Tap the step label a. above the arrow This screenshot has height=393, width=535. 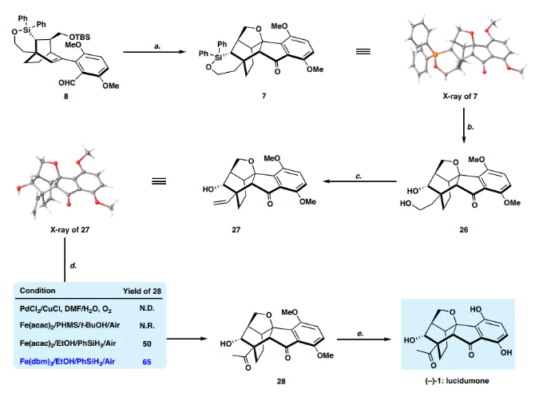pyautogui.click(x=158, y=49)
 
